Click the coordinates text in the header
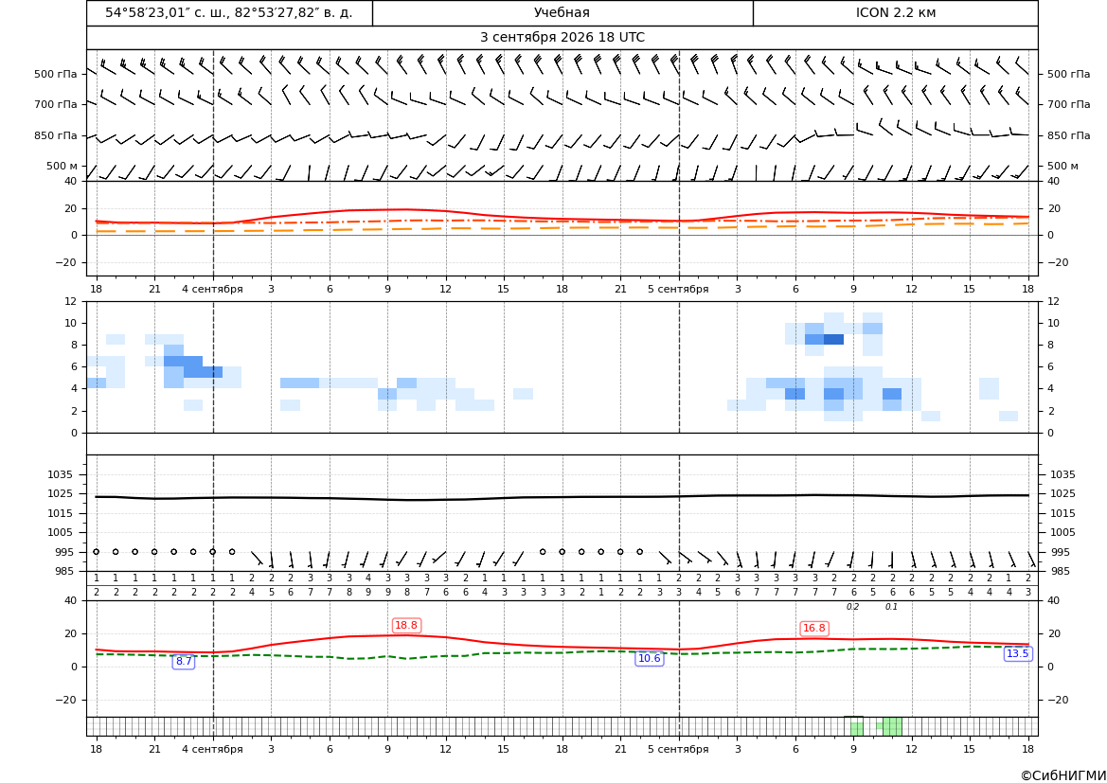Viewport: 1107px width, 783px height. coord(229,12)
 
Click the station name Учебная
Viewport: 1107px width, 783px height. coord(562,12)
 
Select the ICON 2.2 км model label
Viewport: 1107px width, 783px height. coord(896,12)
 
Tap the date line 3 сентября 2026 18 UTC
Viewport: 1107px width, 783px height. coord(562,38)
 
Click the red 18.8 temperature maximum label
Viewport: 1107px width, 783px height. coord(406,626)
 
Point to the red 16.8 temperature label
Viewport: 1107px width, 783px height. coord(814,629)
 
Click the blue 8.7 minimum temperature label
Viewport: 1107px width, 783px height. coord(184,662)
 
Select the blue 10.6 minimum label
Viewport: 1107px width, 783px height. coord(650,659)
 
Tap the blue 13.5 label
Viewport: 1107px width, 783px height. coord(1017,654)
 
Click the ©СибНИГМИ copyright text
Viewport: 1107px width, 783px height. coord(1063,776)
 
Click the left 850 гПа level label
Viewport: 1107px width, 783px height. coord(56,135)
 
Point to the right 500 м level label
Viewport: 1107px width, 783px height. coord(1062,166)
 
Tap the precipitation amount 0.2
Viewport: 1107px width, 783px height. coord(853,607)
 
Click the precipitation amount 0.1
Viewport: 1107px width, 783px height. coord(892,607)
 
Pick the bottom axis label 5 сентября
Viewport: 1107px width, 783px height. coord(678,749)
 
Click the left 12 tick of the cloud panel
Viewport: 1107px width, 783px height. coord(71,301)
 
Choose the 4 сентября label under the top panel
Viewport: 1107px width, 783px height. coord(212,289)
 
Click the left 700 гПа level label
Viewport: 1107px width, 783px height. coord(56,104)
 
